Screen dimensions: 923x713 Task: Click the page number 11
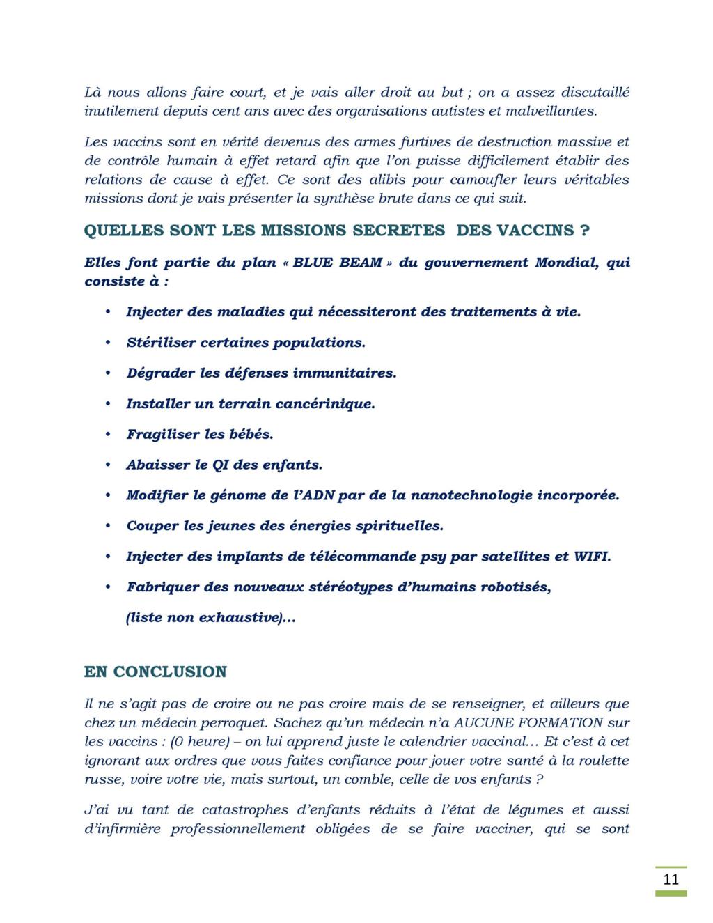click(671, 879)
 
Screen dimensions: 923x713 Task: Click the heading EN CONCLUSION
click(155, 672)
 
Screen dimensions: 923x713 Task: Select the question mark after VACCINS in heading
click(584, 231)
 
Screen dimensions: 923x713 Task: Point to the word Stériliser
click(161, 343)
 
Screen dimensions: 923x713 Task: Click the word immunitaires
click(344, 373)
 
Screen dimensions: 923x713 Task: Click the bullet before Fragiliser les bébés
click(108, 435)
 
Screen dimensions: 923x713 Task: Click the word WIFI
click(592, 557)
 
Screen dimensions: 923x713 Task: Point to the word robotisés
click(512, 587)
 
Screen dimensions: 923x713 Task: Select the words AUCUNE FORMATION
click(524, 723)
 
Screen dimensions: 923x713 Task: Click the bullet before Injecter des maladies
click(108, 312)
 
